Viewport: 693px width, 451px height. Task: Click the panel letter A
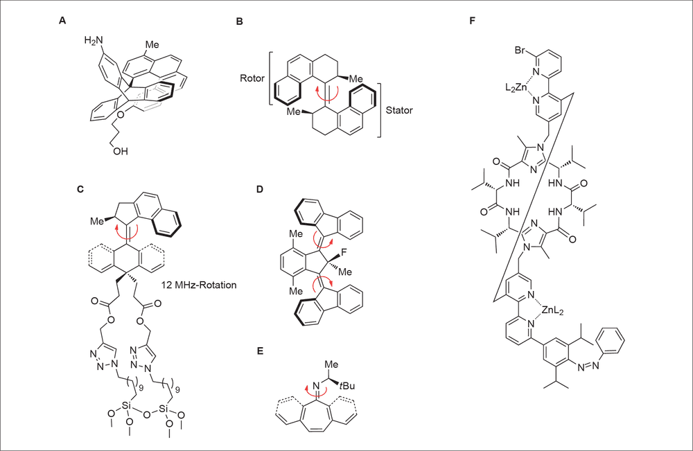[62, 20]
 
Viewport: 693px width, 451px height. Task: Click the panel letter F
[472, 21]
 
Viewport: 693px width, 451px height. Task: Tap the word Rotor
[252, 78]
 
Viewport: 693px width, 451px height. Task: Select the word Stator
[399, 110]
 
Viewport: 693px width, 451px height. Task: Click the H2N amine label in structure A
[94, 41]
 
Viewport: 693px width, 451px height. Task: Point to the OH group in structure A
[120, 151]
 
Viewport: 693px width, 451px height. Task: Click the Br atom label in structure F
[520, 50]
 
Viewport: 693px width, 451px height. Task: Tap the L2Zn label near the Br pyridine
[516, 87]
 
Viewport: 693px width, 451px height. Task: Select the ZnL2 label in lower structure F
[552, 310]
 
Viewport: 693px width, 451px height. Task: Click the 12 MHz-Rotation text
[199, 285]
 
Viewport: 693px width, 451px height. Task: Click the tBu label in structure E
[347, 386]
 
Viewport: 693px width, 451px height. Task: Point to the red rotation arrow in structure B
[327, 94]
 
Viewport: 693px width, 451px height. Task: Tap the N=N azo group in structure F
[588, 365]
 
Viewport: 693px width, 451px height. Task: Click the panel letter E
[260, 351]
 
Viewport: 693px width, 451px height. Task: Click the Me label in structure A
[152, 44]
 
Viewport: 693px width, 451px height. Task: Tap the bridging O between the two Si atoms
[147, 414]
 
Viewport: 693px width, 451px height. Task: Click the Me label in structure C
[97, 221]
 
